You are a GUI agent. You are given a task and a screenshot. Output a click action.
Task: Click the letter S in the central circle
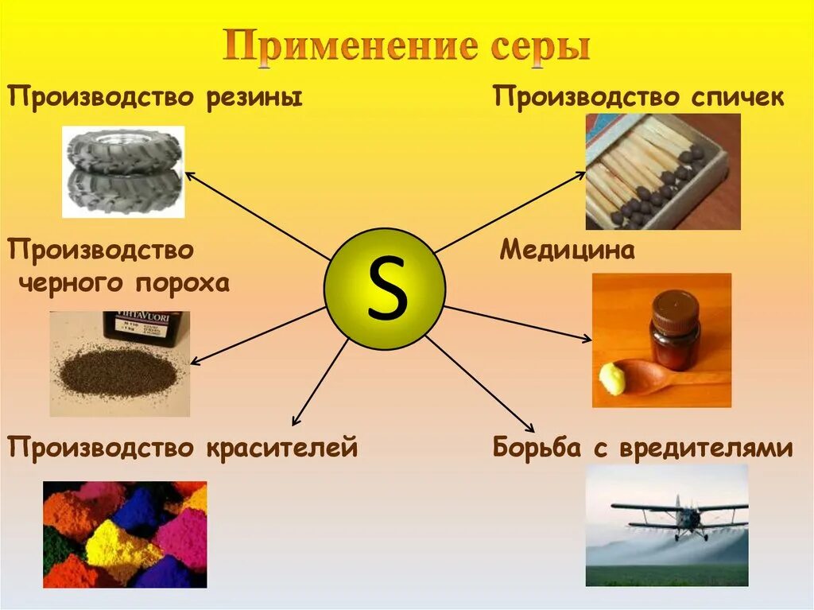click(x=386, y=289)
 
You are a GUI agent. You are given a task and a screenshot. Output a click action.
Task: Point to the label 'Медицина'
click(x=567, y=251)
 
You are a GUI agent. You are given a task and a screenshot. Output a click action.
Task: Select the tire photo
click(x=123, y=171)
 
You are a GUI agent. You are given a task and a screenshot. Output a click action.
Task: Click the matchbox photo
click(x=662, y=171)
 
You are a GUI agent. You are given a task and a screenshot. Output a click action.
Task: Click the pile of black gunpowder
click(x=120, y=369)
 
